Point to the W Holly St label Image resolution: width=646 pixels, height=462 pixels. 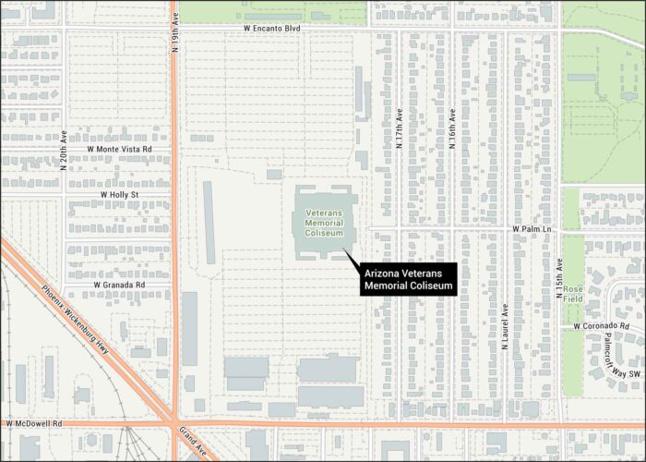point(120,195)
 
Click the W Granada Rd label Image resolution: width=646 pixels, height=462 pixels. point(120,286)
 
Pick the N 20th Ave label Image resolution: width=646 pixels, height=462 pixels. point(64,151)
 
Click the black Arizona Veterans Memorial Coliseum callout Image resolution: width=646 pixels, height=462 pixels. point(410,280)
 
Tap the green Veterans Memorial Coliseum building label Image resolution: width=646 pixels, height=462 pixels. point(324,223)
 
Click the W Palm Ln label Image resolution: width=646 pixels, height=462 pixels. point(532,228)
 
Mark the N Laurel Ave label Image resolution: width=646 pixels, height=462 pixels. point(506,326)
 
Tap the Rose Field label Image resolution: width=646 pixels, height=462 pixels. point(573,294)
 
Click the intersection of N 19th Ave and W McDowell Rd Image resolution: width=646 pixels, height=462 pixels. point(174,423)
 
